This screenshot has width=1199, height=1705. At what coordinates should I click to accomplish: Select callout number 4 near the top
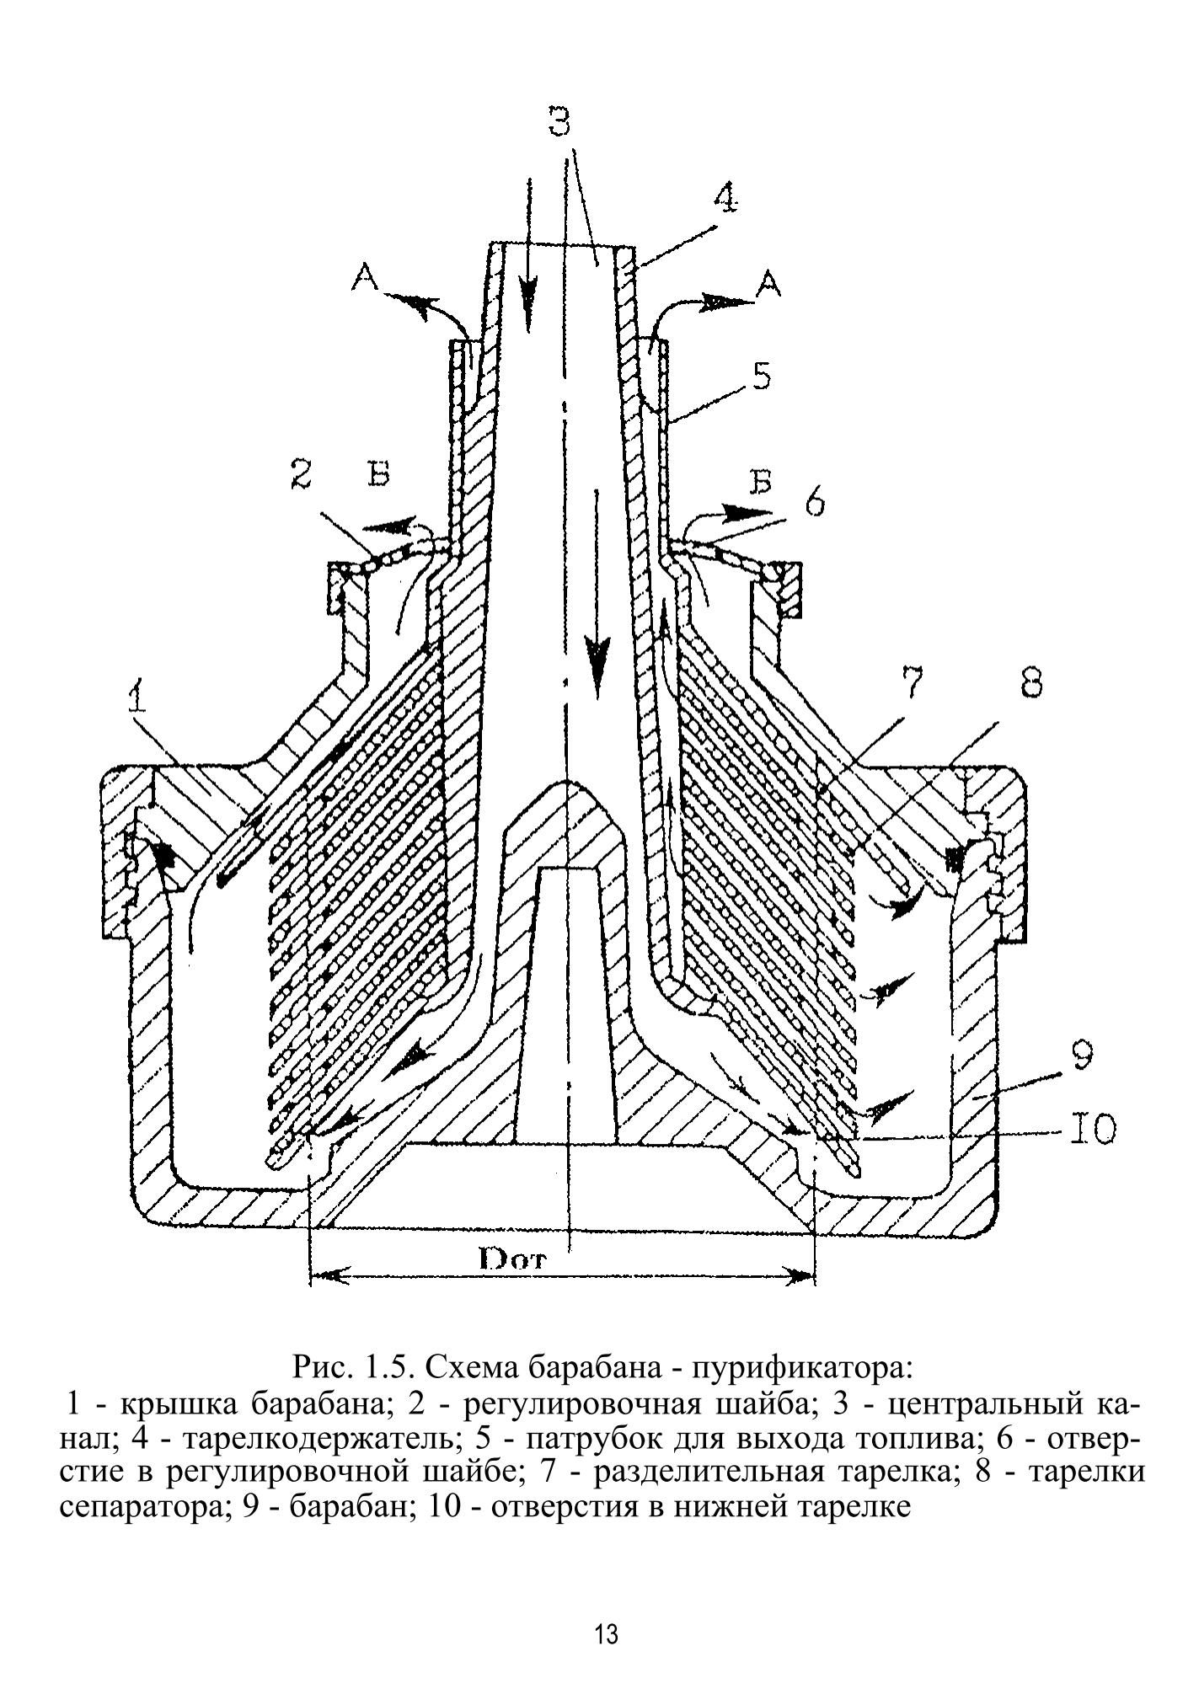point(724,199)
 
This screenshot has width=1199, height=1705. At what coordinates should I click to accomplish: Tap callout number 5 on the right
point(761,376)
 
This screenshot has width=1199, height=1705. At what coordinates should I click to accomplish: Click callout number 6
point(814,503)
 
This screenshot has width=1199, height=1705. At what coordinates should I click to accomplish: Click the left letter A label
point(365,277)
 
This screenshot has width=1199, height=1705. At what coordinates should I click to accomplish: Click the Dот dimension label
point(513,1261)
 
